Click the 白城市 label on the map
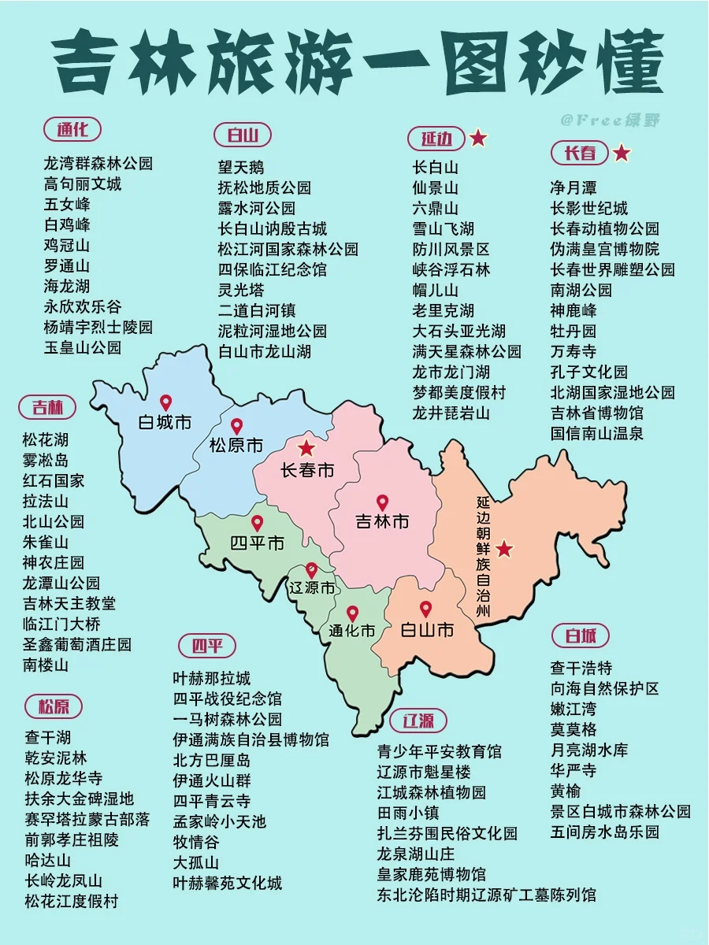point(165,423)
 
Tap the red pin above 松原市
point(236,426)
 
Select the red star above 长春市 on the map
point(306,448)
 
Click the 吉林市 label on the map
point(382,521)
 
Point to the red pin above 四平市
point(257,524)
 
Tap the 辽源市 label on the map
point(311,587)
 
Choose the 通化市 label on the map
point(352,630)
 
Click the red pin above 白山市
point(426,610)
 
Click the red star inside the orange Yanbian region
point(504,549)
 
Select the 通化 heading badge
point(72,129)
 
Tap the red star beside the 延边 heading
point(477,139)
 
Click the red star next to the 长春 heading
point(622,153)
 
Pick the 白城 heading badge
point(581,636)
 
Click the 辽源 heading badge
point(418,721)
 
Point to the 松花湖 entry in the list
point(46,440)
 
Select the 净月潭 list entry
point(574,187)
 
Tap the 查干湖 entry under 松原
point(48,738)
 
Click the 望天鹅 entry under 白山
point(241,167)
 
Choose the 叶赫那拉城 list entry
point(212,678)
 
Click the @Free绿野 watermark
point(610,120)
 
